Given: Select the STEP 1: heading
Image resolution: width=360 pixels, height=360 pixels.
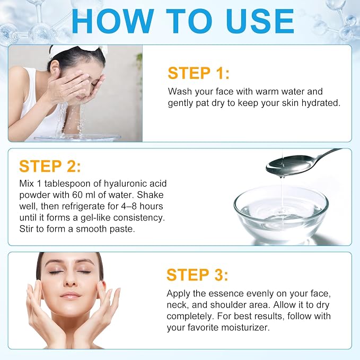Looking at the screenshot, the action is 199,73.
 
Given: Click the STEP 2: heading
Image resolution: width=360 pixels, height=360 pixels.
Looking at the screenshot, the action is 50,166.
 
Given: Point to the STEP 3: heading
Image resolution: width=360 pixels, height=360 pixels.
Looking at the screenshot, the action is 197,275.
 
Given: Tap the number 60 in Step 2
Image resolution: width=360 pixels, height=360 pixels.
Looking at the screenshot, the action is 77,195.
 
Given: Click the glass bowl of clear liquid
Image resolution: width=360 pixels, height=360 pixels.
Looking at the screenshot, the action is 281,214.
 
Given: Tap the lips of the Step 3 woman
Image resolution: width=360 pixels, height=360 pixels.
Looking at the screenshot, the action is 71,295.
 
